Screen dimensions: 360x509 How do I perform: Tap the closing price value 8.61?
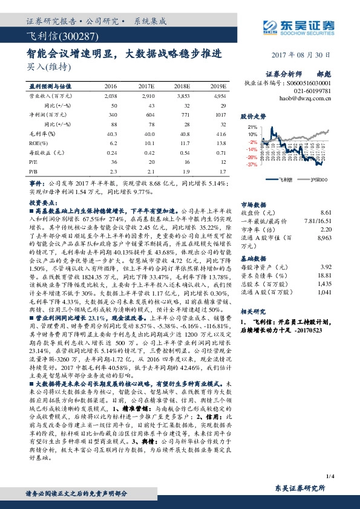(x=326, y=213)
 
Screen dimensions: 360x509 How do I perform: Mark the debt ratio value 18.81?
(x=325, y=274)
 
